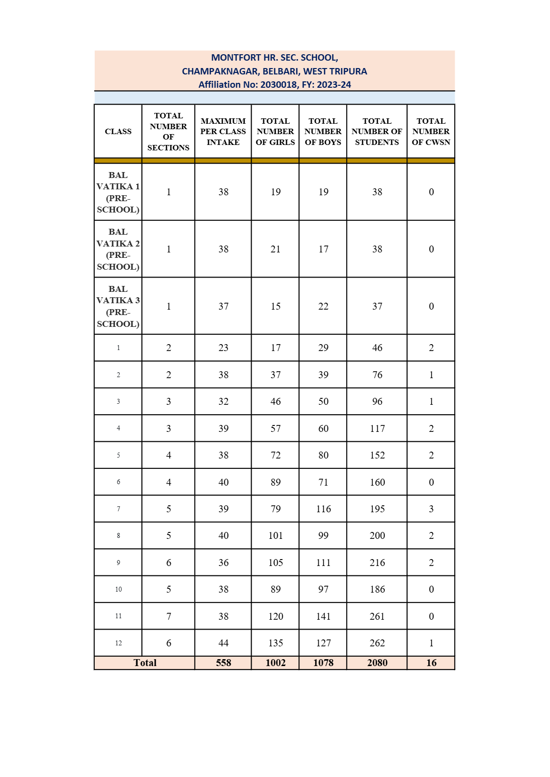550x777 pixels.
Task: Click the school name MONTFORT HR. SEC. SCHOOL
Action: click(274, 58)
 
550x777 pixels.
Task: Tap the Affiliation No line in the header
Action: click(274, 85)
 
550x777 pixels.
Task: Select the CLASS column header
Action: click(118, 132)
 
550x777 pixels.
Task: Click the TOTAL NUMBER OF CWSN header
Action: click(431, 132)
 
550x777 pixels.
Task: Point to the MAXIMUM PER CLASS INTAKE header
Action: click(223, 132)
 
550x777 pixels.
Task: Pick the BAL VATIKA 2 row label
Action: click(118, 249)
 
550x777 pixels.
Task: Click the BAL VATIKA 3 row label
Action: click(118, 306)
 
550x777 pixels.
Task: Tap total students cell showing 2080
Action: click(377, 663)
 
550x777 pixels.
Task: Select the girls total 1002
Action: click(275, 663)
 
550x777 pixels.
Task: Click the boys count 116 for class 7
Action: click(323, 509)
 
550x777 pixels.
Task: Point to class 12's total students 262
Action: click(377, 643)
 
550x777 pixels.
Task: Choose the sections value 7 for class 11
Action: click(169, 616)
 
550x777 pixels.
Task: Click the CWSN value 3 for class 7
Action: click(431, 509)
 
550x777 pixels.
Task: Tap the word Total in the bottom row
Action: click(145, 663)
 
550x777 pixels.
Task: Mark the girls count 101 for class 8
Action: click(275, 535)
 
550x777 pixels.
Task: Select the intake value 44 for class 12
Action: click(223, 643)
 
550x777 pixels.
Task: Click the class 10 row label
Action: click(118, 589)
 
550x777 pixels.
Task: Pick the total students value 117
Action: click(377, 428)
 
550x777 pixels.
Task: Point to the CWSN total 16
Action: click(431, 663)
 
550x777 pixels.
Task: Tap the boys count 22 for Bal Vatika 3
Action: click(323, 306)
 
